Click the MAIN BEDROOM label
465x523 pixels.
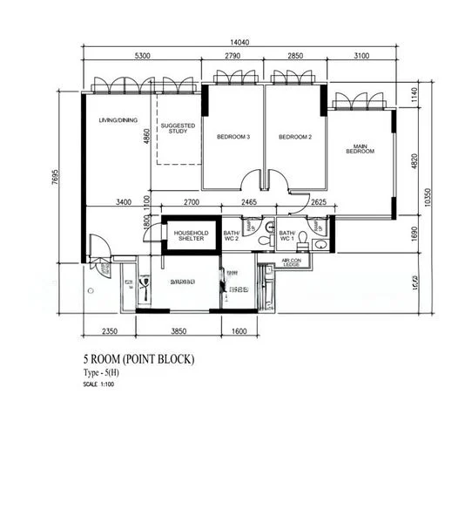click(360, 148)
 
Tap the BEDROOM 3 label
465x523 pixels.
click(233, 137)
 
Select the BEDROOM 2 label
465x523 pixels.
click(295, 137)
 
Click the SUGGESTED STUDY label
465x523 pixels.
click(178, 129)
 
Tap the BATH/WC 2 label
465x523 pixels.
click(231, 236)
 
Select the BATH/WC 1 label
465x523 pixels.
click(287, 236)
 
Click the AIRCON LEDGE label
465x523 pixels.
click(291, 262)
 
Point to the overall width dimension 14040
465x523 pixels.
click(242, 42)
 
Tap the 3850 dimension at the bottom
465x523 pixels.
click(179, 331)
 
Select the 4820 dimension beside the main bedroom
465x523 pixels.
click(415, 162)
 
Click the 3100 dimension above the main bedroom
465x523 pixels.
click(361, 57)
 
